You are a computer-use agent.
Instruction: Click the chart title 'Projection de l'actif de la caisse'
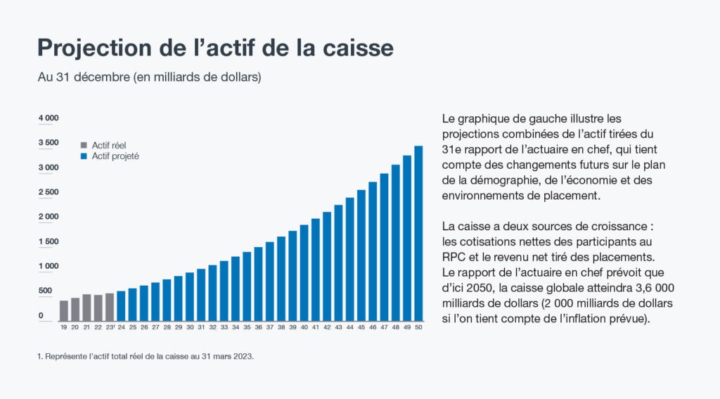(x=214, y=49)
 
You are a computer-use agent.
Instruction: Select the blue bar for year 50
(x=418, y=233)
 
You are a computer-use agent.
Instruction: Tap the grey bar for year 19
(x=64, y=310)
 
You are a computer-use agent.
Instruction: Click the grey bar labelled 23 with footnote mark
(x=110, y=307)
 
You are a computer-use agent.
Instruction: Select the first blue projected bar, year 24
(x=121, y=305)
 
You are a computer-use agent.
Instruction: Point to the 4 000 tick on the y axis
(x=49, y=118)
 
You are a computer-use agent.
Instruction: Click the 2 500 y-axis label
(x=49, y=192)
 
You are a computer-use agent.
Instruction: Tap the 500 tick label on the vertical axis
(x=45, y=291)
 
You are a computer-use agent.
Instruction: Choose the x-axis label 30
(x=190, y=327)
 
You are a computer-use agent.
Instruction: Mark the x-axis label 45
(x=361, y=327)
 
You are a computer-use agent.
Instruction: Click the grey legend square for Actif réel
(x=84, y=145)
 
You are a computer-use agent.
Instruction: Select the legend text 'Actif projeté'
(x=115, y=156)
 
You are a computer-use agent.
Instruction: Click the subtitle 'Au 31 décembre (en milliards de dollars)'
(x=149, y=77)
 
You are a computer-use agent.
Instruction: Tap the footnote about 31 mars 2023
(x=145, y=357)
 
